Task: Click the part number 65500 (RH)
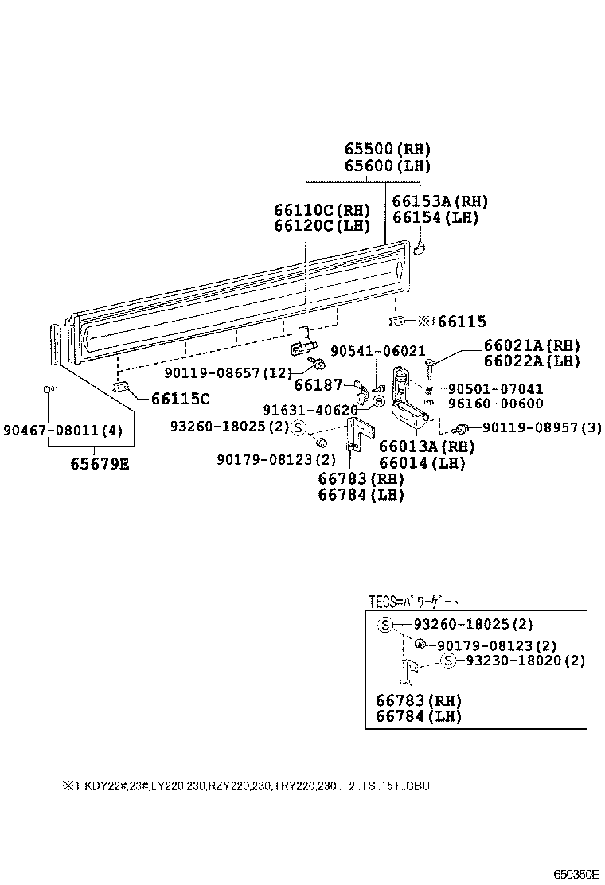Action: click(x=388, y=149)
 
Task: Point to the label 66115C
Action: click(x=181, y=398)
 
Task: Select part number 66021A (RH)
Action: click(x=532, y=345)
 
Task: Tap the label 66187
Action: click(x=318, y=385)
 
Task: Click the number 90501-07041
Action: click(x=495, y=389)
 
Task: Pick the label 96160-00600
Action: click(x=495, y=404)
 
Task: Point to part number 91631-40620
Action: click(x=310, y=410)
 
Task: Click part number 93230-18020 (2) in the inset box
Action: click(x=525, y=661)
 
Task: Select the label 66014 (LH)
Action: click(x=422, y=463)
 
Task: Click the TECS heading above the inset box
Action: click(x=414, y=601)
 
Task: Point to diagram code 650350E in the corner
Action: click(x=576, y=873)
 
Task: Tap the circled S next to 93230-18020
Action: click(x=448, y=661)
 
